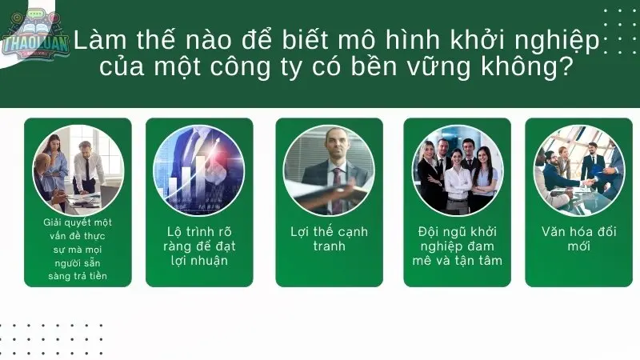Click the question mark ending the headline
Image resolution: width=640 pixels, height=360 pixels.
click(565, 67)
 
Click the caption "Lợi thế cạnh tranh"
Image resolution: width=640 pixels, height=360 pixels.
click(329, 238)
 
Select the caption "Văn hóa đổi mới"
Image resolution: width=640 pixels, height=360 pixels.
click(578, 238)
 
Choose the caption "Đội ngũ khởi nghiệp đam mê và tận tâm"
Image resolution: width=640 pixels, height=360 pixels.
click(458, 246)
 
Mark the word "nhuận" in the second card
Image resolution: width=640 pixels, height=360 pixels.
click(210, 260)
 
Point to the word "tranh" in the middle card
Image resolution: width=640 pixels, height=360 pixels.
click(329, 246)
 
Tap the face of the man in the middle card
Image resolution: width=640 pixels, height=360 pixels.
click(334, 144)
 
